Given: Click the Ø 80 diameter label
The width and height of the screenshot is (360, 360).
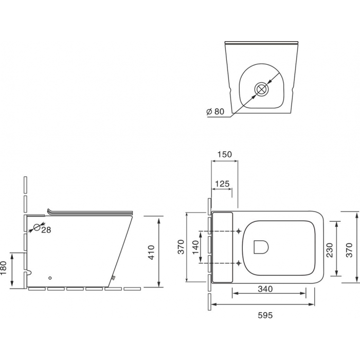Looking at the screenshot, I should click(x=216, y=111).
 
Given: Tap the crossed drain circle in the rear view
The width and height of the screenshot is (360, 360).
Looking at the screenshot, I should click(x=262, y=89).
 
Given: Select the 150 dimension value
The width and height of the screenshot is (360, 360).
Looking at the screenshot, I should click(x=225, y=154).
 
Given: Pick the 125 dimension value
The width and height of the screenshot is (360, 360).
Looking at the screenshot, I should click(x=222, y=184).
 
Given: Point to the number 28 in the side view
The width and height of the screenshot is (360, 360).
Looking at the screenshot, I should click(x=46, y=230).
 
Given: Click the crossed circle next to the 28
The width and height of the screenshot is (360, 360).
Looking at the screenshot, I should click(x=37, y=227).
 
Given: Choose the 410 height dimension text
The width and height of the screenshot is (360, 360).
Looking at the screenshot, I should click(x=151, y=251).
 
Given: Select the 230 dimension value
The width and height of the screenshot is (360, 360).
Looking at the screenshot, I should click(x=329, y=249).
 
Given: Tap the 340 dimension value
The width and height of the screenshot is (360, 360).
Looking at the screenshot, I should click(x=265, y=289).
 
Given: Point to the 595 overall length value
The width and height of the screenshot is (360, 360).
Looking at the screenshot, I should click(x=264, y=315).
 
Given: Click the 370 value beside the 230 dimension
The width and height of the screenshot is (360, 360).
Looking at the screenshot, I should click(x=349, y=249).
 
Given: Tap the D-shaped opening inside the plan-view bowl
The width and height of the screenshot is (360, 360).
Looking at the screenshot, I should click(x=261, y=247).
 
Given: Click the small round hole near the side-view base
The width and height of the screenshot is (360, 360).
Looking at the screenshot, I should click(x=49, y=278).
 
